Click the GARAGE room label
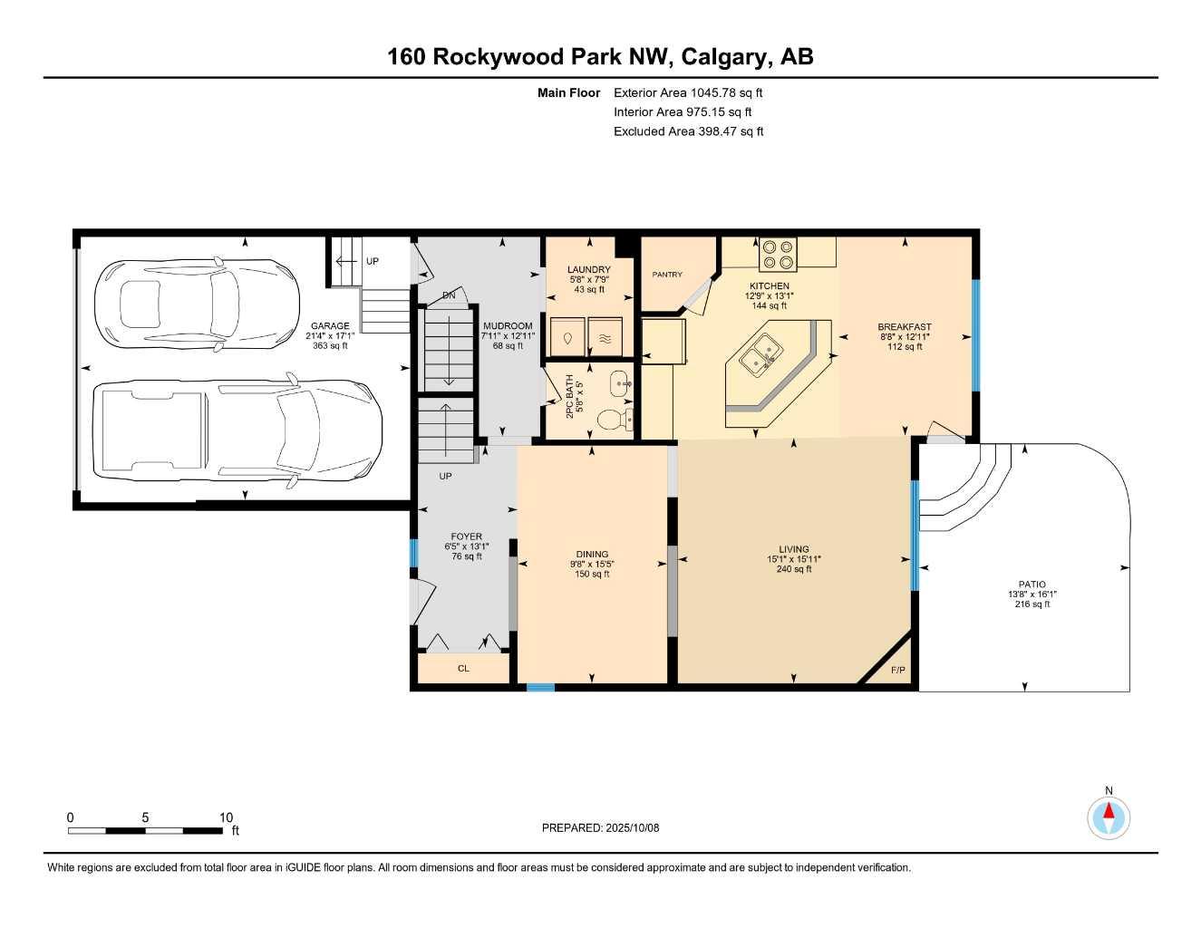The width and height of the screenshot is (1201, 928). pos(330,326)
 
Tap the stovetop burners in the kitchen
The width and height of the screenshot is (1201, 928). pos(777,254)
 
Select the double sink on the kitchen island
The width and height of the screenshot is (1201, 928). pos(759,353)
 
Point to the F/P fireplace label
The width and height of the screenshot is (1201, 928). pos(898,671)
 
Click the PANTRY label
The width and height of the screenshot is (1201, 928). pos(667,275)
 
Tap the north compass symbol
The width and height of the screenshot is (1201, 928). pos(1109,817)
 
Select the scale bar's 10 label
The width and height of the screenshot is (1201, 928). pos(226,817)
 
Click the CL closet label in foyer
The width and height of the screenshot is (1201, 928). pos(463,669)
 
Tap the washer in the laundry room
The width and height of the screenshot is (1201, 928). pos(567,337)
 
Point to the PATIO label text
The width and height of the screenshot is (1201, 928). pos(1032,585)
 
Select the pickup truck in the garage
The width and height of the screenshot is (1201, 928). pos(237,430)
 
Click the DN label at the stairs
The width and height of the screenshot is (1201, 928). pos(449,295)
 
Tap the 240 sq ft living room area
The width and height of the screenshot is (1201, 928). pos(794,569)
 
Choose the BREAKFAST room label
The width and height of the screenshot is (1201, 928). pos(904,327)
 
